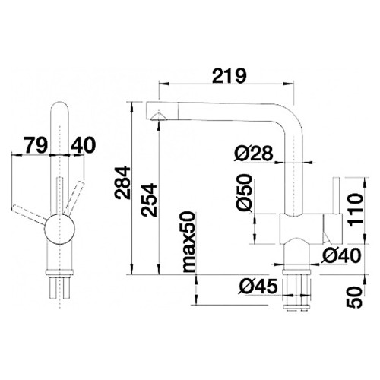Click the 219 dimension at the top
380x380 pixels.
click(x=230, y=75)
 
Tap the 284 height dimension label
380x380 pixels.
click(x=122, y=182)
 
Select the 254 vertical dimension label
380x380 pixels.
click(x=149, y=200)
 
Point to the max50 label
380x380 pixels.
click(x=189, y=242)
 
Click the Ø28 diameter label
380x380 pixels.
click(x=254, y=154)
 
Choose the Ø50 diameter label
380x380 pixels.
click(x=245, y=192)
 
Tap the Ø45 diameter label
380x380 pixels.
click(x=258, y=287)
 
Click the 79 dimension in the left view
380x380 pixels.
click(x=36, y=145)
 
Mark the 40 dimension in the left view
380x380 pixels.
click(x=83, y=145)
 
